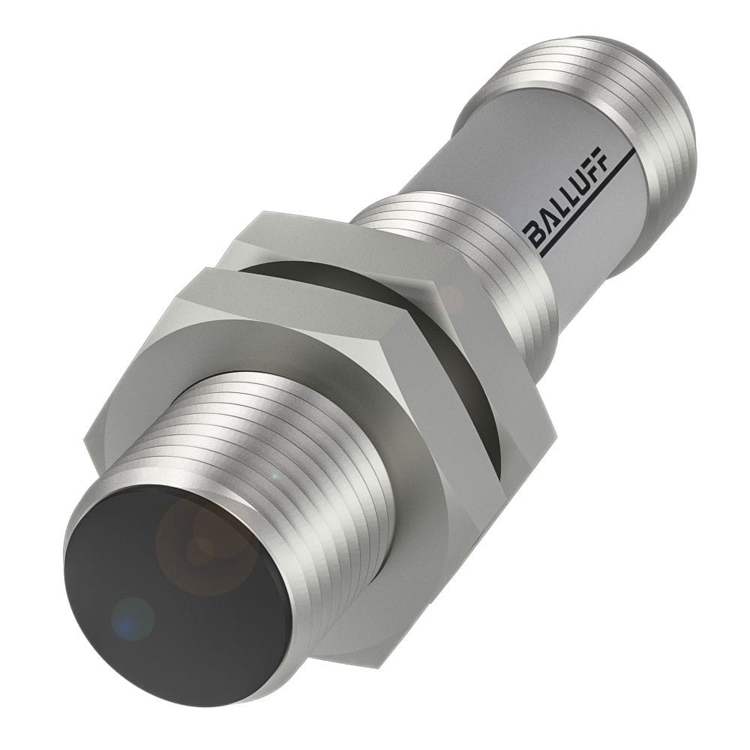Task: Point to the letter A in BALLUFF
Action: (x=546, y=224)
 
